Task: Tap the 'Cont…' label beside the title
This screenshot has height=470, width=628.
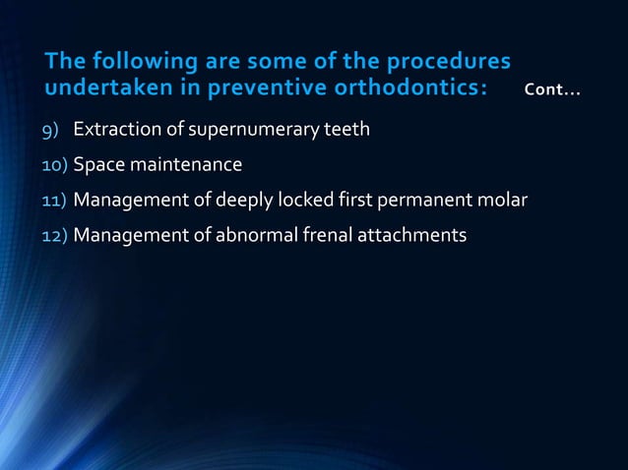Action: coord(552,92)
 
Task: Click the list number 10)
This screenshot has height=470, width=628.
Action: coord(55,165)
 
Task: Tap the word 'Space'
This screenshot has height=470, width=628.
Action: coord(98,165)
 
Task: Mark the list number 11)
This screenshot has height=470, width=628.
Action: coord(55,201)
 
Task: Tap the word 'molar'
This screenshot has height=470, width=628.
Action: coord(504,201)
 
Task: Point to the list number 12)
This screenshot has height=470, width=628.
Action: coord(55,236)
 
